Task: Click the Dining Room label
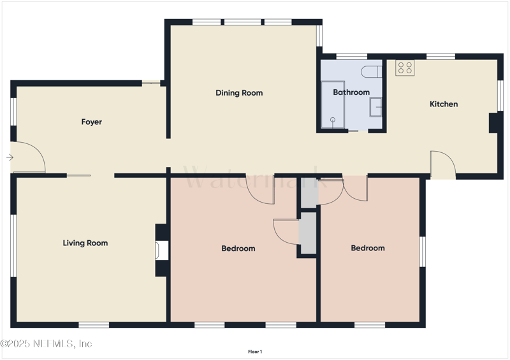(239, 93)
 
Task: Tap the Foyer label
(91, 122)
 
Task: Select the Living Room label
(85, 243)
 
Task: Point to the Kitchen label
(443, 104)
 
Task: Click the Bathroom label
(351, 92)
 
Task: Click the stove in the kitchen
(405, 68)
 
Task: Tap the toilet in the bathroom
(370, 70)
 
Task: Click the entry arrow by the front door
(10, 157)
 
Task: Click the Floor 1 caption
(255, 352)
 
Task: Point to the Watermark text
(255, 178)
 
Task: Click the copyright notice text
(47, 343)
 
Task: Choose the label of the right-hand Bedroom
(368, 248)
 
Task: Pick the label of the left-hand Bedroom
(238, 248)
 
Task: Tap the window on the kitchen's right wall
(500, 95)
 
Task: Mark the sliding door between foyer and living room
(79, 175)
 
